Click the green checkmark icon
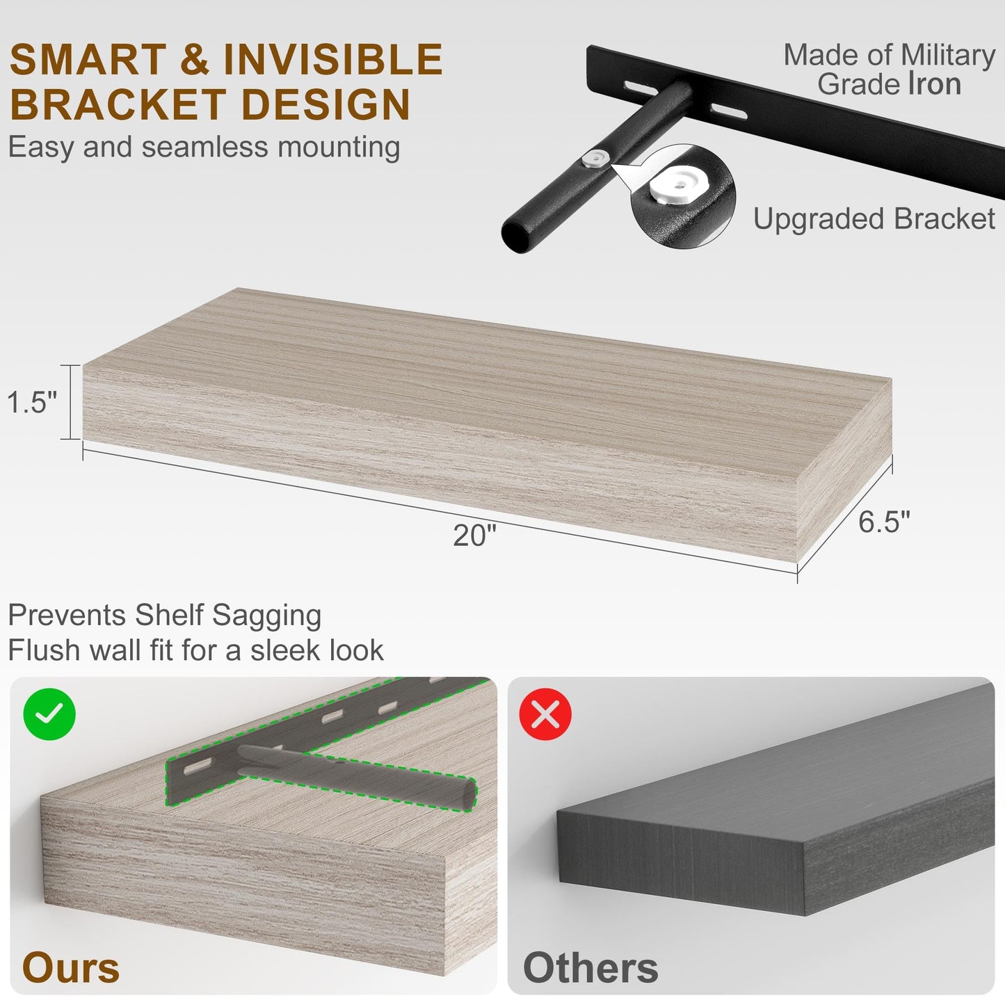[x=49, y=714]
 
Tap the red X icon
[x=546, y=714]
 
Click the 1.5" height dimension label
[x=32, y=402]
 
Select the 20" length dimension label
[x=474, y=535]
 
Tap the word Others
[x=590, y=968]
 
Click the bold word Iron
[x=935, y=83]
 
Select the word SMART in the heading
[x=88, y=59]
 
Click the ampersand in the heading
[x=195, y=59]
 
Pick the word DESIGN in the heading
[x=326, y=104]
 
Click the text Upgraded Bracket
[x=874, y=218]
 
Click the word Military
[x=948, y=56]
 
